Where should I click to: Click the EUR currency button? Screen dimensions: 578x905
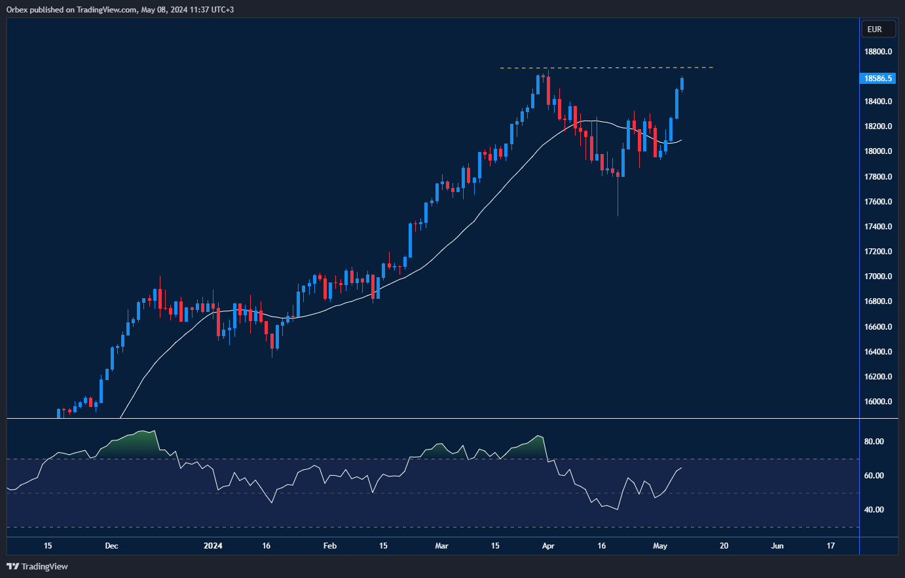pos(874,29)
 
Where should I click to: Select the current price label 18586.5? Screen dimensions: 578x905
pos(877,79)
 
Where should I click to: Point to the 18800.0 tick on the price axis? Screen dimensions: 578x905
pos(877,52)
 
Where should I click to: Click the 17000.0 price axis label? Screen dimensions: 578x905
pos(877,277)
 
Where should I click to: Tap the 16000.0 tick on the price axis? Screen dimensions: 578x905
pos(877,402)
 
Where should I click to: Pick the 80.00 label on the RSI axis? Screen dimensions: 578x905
pos(874,442)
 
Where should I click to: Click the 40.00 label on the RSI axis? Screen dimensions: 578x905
pos(874,510)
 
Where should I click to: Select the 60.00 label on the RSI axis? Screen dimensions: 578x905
pos(874,476)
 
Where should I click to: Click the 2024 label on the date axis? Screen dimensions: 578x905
pos(213,546)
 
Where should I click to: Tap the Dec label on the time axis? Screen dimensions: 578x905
pos(111,546)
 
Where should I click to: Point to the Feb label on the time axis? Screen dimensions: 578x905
pos(330,546)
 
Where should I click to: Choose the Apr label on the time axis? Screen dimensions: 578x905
pos(548,546)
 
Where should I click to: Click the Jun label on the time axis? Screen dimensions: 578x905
pos(777,546)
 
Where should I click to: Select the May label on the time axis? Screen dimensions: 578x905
pos(660,546)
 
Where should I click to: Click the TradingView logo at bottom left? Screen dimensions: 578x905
pos(37,566)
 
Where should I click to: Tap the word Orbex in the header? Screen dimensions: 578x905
pos(17,10)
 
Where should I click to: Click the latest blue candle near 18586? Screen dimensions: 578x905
pos(682,84)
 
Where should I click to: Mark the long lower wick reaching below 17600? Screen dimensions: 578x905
pos(618,200)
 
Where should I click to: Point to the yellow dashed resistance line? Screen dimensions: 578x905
pos(606,67)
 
